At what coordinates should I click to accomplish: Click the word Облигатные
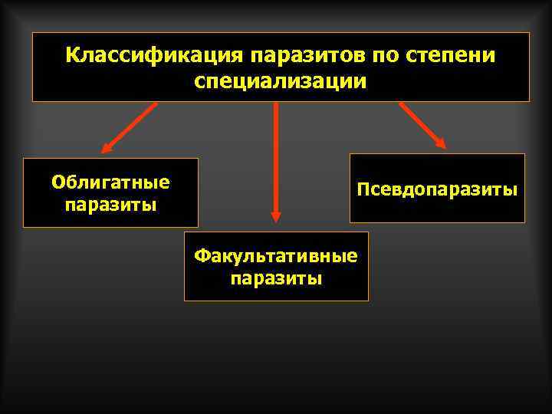tap(110, 182)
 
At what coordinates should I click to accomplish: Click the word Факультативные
tap(276, 255)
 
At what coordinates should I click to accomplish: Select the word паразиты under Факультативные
tap(276, 278)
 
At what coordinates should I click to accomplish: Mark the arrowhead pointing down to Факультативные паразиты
tap(276, 216)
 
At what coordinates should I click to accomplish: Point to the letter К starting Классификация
tap(72, 56)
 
